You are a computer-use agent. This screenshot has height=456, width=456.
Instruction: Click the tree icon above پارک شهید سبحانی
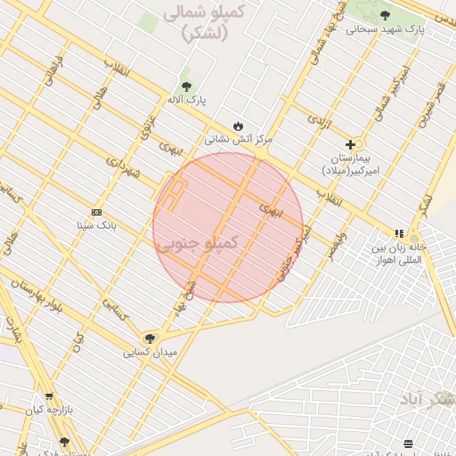385,15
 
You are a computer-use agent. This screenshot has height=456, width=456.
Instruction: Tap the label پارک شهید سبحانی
386,28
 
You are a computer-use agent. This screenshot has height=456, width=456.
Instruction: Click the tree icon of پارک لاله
185,86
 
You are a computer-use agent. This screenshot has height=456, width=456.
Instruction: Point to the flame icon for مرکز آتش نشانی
238,126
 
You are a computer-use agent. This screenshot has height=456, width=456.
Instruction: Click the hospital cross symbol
351,143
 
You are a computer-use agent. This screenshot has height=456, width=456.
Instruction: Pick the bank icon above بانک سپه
96,212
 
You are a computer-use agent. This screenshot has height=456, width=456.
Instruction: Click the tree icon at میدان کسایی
150,338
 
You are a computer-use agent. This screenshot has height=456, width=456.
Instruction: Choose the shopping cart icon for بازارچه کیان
49,396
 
